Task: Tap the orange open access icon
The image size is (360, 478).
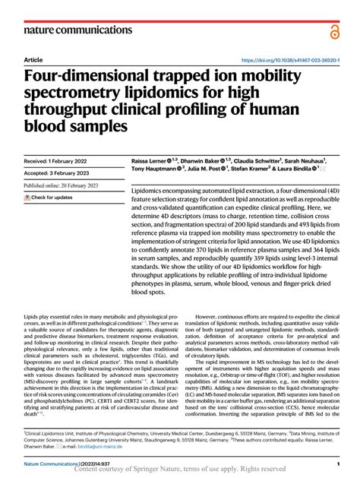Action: tap(336, 30)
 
